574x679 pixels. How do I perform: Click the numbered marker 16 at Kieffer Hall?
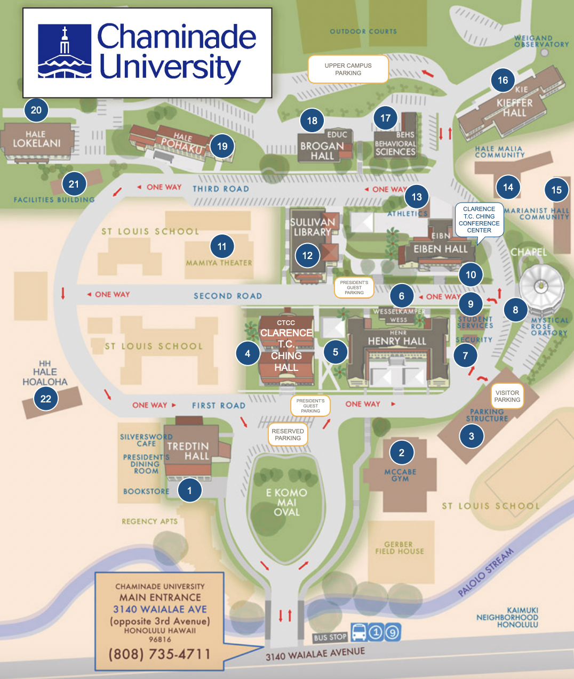click(503, 80)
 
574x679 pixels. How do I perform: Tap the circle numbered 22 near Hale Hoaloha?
click(46, 398)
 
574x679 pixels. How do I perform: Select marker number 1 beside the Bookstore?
click(189, 490)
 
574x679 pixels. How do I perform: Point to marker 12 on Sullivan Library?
click(307, 255)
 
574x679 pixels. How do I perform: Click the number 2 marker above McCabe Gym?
click(402, 452)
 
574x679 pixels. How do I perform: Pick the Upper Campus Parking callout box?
click(348, 69)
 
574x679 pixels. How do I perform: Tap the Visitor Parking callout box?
click(507, 396)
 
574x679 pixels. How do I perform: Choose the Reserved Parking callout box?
click(288, 434)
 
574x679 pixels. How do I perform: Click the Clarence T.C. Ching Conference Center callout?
click(479, 220)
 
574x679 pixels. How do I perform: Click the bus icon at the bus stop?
click(359, 632)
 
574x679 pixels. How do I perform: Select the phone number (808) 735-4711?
click(160, 654)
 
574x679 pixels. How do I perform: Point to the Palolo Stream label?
click(486, 572)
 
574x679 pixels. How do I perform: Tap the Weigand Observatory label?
click(541, 41)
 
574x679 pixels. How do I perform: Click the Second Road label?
click(228, 296)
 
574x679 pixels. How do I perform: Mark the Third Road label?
click(220, 189)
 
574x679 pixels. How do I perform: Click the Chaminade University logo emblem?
click(65, 52)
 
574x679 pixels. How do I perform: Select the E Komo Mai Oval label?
click(286, 502)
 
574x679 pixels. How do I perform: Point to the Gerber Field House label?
click(399, 548)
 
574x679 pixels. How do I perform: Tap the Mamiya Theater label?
click(219, 263)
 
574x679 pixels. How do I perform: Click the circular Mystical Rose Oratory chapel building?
click(541, 287)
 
